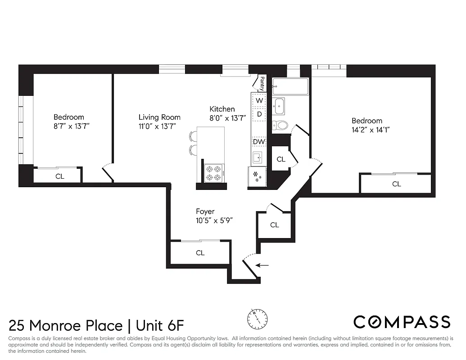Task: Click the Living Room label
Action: [159, 117]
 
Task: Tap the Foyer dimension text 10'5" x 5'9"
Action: [214, 220]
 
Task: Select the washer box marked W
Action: [259, 101]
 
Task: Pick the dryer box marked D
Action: [259, 114]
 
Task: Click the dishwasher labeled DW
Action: [259, 142]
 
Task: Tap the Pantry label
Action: [262, 84]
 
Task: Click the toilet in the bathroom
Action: [281, 125]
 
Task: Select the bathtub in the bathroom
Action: [290, 86]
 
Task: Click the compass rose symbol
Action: [257, 319]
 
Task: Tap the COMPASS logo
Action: [402, 322]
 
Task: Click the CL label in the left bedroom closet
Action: [59, 176]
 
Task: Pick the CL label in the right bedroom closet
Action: [396, 184]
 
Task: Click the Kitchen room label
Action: [222, 109]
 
